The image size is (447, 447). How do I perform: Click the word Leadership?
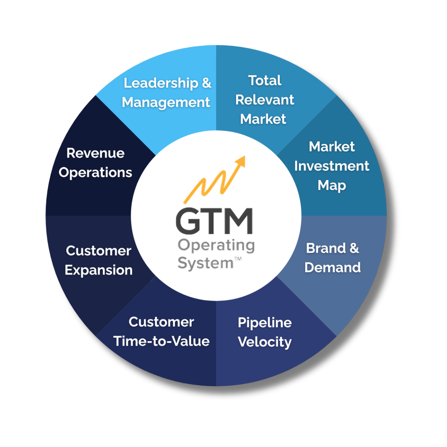click(161, 83)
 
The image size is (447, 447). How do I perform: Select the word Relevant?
click(264, 100)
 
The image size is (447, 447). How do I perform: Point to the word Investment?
click(332, 166)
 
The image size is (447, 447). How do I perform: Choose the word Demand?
click(332, 267)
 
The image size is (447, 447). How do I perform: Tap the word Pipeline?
click(264, 323)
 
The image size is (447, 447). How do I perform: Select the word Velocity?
click(264, 342)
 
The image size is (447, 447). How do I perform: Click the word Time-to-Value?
click(161, 341)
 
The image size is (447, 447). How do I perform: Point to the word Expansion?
click(98, 270)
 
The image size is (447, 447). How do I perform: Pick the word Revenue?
click(95, 153)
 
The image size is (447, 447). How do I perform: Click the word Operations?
click(95, 172)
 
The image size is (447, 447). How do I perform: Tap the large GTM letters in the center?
click(214, 221)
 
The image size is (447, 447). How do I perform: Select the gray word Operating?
click(216, 245)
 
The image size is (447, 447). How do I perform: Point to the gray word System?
click(205, 263)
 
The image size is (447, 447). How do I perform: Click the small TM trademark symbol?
click(238, 259)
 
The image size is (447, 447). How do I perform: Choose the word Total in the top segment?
click(264, 80)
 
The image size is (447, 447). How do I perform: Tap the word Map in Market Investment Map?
click(332, 186)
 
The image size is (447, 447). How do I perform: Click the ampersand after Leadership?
click(206, 83)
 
